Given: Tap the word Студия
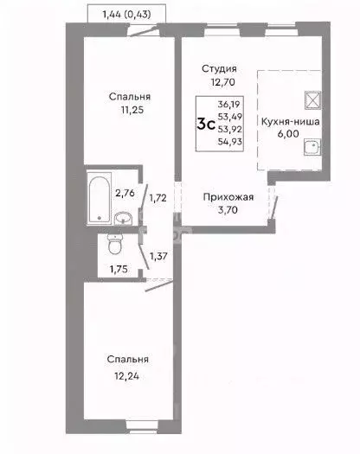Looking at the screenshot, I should [220, 68].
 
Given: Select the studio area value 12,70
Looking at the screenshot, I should [220, 84].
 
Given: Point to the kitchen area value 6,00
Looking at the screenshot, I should [294, 137].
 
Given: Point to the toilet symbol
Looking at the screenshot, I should [111, 246].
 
